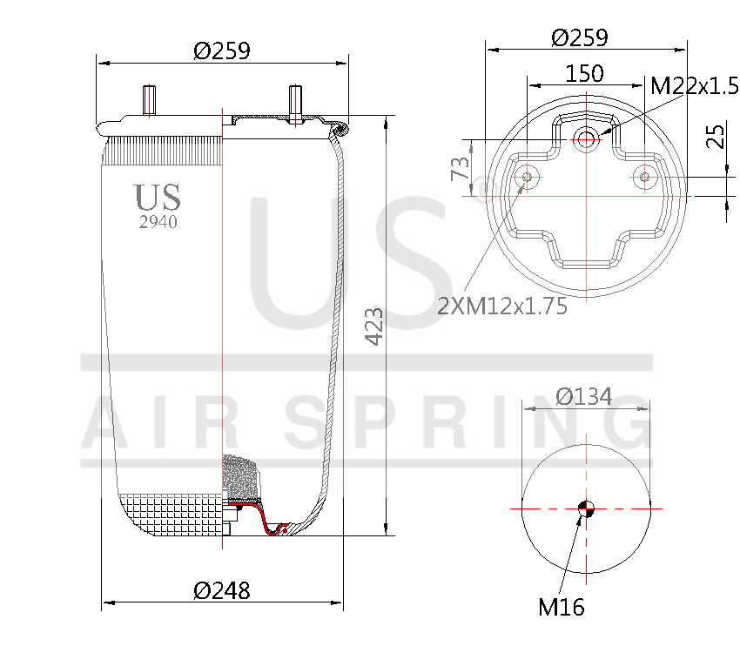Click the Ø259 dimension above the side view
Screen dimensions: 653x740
point(222,51)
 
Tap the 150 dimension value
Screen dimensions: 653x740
point(584,73)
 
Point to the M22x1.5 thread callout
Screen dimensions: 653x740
point(694,84)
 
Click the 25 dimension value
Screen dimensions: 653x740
point(716,137)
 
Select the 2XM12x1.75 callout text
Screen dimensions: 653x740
point(502,306)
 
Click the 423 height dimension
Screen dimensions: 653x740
point(373,326)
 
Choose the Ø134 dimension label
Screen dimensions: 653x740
point(583,397)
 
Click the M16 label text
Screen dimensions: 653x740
point(561,606)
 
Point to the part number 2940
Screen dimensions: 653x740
point(158,222)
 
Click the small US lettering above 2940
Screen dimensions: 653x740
point(158,198)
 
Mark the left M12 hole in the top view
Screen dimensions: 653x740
point(527,178)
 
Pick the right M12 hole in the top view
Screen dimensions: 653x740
point(644,178)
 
